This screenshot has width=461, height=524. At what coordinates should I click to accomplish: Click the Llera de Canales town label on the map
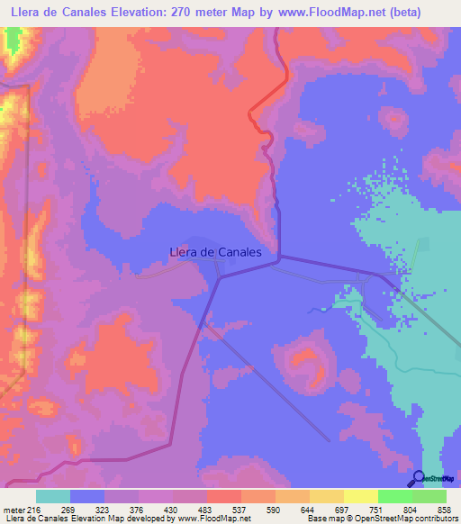pyautogui.click(x=215, y=253)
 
